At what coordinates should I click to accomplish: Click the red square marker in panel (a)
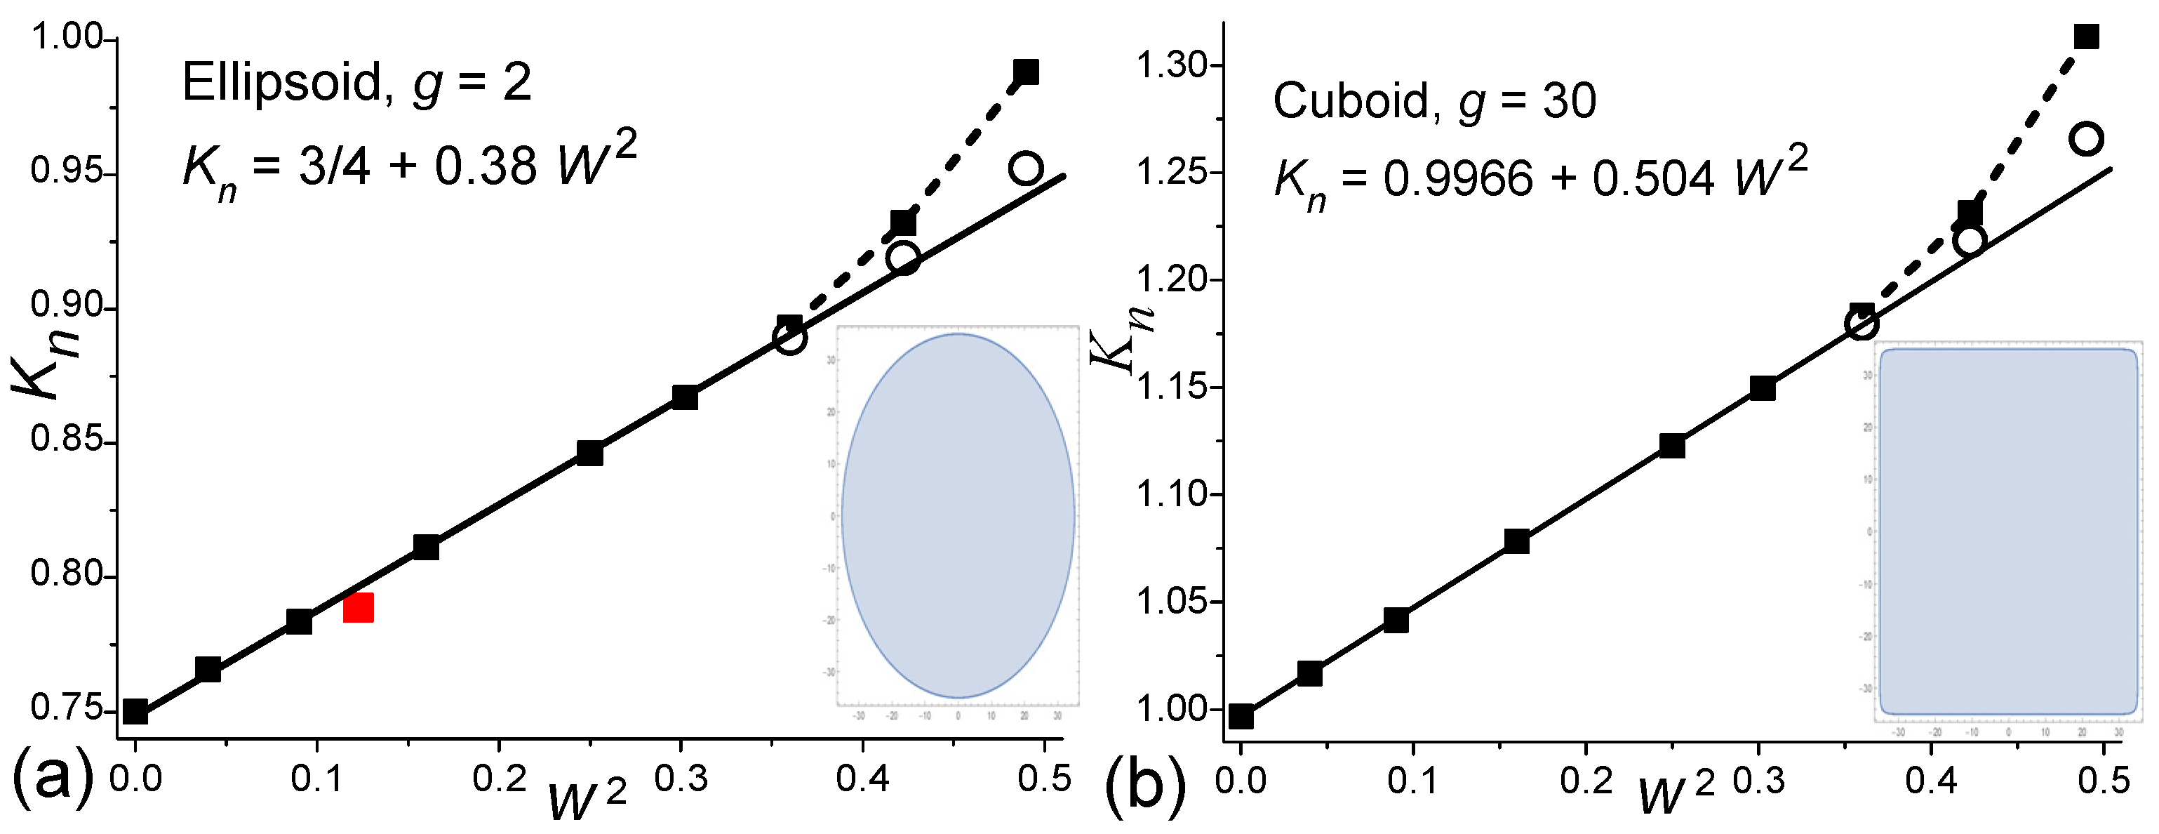tap(358, 607)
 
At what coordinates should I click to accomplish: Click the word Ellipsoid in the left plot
tap(281, 84)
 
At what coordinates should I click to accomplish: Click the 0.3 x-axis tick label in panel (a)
tap(681, 779)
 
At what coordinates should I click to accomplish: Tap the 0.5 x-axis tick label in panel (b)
tap(2103, 781)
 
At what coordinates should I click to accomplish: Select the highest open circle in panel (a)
tap(1025, 168)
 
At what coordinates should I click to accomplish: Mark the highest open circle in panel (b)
tap(2085, 138)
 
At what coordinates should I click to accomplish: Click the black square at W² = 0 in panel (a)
tap(136, 710)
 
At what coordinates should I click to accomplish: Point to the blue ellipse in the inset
tap(957, 515)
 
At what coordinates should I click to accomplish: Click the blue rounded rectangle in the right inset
tap(2007, 531)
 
